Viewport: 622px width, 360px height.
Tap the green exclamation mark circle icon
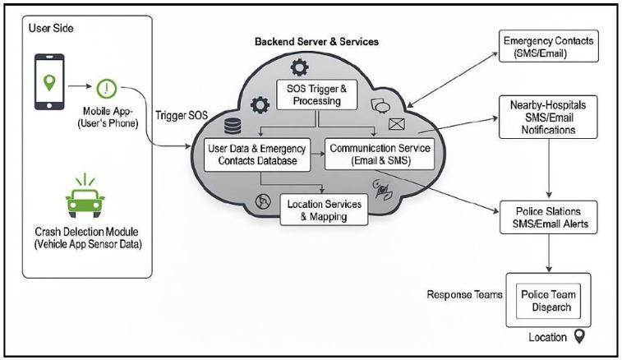[x=108, y=87]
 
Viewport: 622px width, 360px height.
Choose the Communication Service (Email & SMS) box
[x=371, y=155]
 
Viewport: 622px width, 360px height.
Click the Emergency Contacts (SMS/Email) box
[x=548, y=47]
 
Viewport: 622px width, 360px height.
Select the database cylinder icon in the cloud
[x=233, y=124]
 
